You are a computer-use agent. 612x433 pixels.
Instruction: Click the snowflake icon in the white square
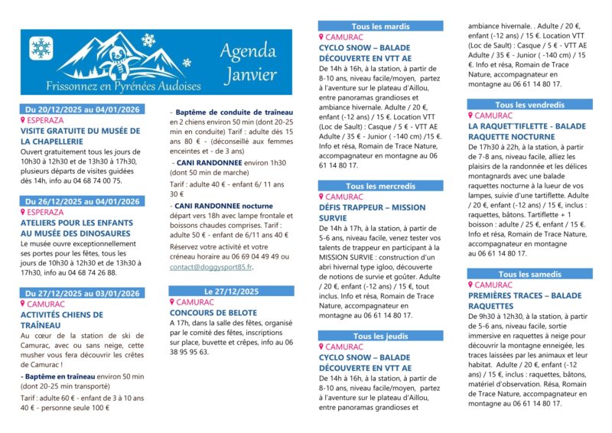(41, 48)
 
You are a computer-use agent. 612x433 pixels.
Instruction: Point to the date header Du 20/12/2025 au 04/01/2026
(83, 109)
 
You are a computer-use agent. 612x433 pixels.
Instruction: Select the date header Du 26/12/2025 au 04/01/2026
(83, 202)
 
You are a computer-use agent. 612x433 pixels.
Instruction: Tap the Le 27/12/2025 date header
(229, 291)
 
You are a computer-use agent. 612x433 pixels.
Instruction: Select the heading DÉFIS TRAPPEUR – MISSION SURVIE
(373, 212)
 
